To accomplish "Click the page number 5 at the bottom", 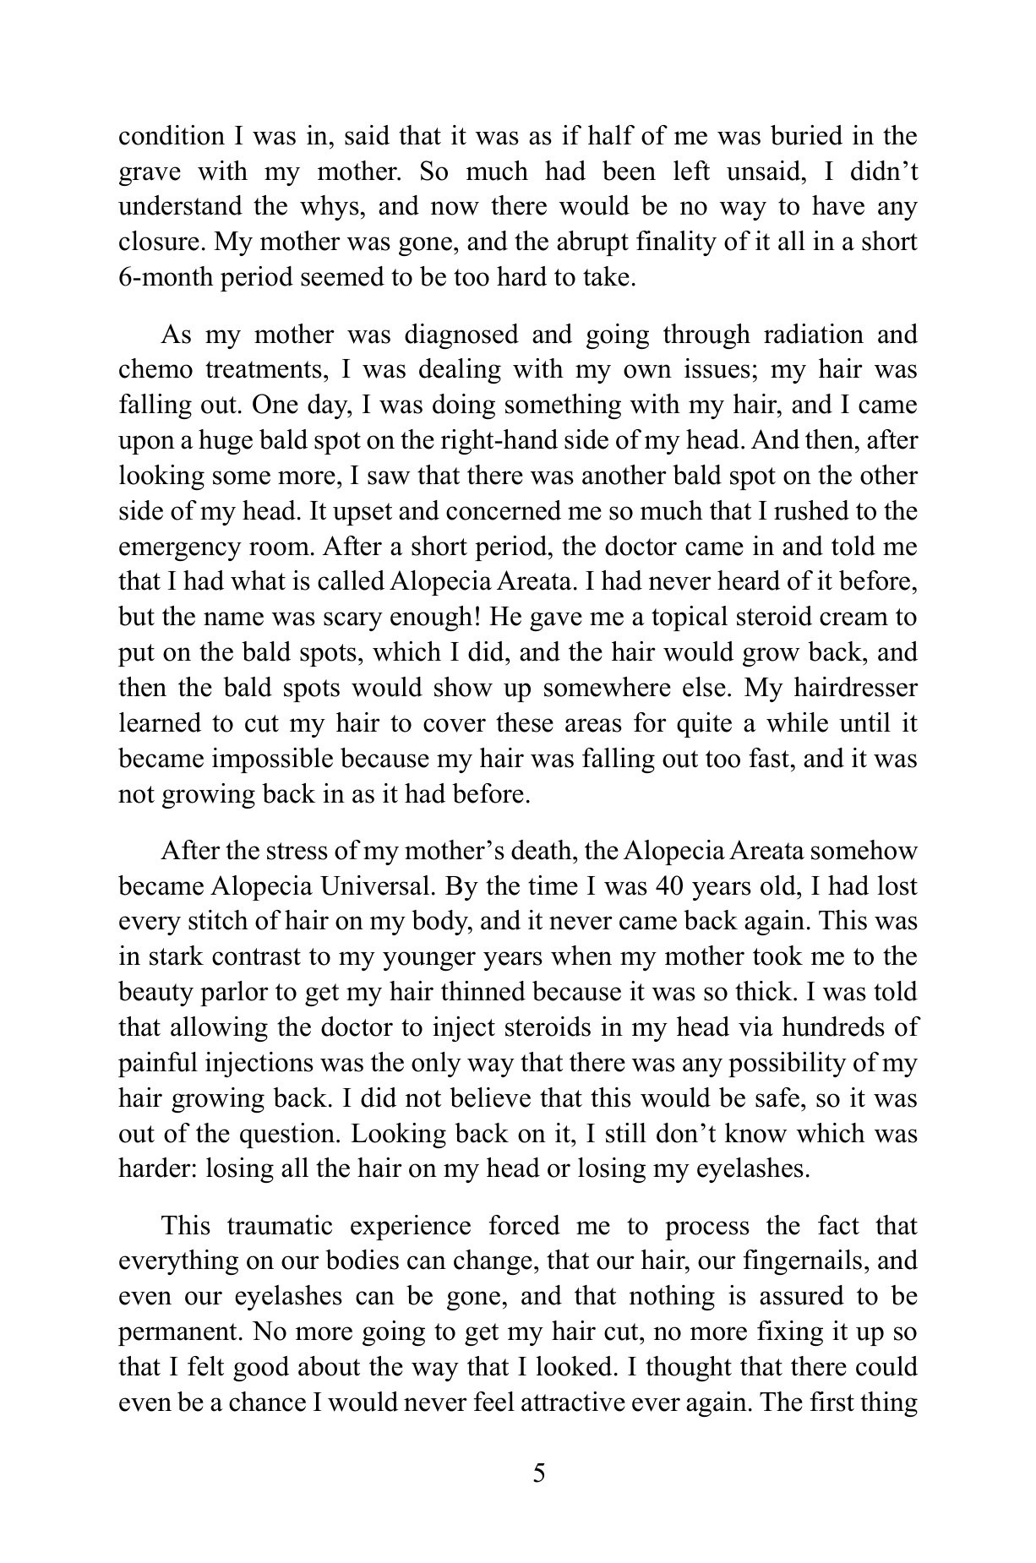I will (539, 1474).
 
